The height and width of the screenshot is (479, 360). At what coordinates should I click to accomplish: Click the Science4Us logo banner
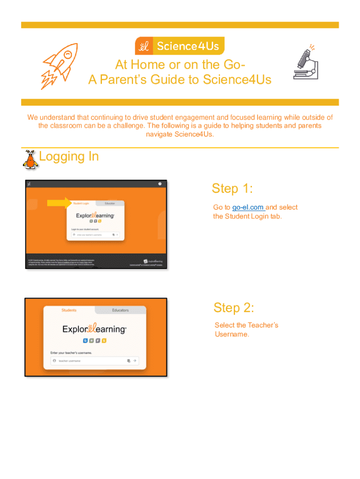(x=180, y=46)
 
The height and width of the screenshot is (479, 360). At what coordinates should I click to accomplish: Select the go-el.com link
(x=248, y=207)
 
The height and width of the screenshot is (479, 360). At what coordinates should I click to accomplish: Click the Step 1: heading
(x=232, y=189)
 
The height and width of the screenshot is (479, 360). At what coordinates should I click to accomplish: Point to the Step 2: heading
(x=234, y=308)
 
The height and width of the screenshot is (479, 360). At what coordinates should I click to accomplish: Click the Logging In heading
(x=69, y=156)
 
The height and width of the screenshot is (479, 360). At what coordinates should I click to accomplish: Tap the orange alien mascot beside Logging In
(x=30, y=159)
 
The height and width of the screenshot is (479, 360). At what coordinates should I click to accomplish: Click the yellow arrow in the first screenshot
(x=58, y=203)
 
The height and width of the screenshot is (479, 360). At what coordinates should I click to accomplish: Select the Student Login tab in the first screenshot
(x=81, y=203)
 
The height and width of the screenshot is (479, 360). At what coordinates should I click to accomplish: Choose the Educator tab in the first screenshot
(x=110, y=203)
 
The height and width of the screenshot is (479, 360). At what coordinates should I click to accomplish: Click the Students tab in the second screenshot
(x=69, y=310)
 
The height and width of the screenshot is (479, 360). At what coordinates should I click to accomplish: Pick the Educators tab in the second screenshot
(x=120, y=310)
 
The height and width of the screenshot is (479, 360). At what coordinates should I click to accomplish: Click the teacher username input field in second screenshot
(x=89, y=361)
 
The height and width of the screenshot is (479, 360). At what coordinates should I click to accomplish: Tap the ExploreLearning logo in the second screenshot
(x=94, y=329)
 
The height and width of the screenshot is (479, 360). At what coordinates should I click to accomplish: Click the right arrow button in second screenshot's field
(x=135, y=361)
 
